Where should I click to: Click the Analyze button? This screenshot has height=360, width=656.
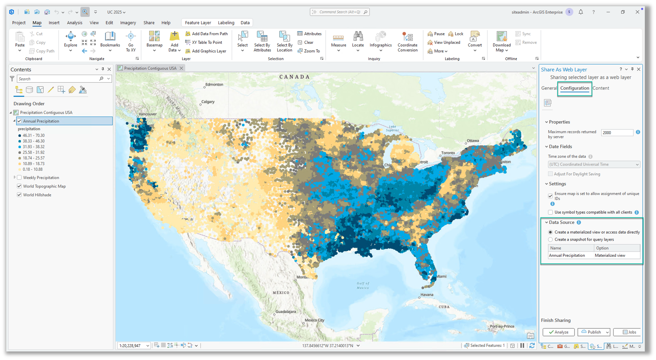[558, 332]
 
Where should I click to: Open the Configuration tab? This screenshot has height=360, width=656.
[574, 88]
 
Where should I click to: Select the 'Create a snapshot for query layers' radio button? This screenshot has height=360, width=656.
[550, 240]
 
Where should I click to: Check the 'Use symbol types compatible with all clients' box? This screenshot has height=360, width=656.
[550, 212]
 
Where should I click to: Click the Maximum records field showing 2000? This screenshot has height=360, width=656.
[617, 132]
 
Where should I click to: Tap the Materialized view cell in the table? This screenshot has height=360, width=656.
[610, 255]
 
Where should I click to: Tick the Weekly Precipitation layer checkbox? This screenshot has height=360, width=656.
[19, 178]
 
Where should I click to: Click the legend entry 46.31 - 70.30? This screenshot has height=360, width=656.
[34, 135]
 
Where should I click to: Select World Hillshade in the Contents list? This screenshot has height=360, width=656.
[37, 195]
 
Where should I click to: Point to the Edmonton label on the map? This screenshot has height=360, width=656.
[214, 84]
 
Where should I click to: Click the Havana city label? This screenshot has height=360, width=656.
[427, 295]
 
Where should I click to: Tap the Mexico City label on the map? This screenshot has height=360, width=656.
[314, 320]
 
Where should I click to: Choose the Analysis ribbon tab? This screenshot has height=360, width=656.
[74, 23]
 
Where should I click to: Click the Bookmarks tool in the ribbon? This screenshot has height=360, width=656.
[110, 41]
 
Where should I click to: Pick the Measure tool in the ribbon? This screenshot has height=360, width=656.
[339, 41]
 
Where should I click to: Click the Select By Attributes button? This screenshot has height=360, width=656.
[262, 41]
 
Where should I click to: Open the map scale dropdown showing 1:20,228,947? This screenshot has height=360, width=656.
[148, 346]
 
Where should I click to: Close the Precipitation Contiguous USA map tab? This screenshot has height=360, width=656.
[181, 68]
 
